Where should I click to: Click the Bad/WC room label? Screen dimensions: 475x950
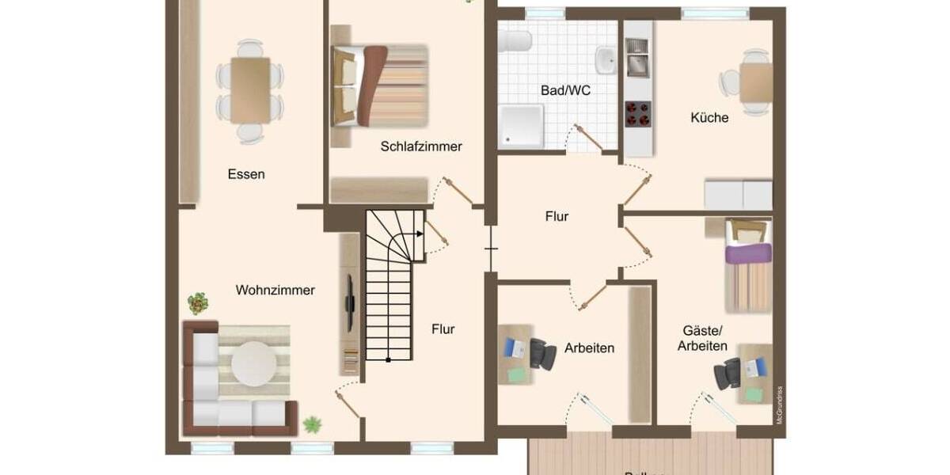tap(565, 91)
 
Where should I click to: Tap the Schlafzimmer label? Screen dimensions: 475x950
tap(420, 146)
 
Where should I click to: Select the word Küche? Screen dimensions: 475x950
tap(709, 118)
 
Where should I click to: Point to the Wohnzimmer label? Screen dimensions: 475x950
tap(275, 291)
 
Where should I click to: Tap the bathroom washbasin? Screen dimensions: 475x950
tap(606, 58)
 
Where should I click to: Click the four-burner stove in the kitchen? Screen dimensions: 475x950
tap(638, 114)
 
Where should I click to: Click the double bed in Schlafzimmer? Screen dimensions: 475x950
tap(380, 85)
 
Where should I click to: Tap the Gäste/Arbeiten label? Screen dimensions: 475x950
tap(702, 339)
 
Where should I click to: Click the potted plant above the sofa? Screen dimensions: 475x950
tap(198, 303)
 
